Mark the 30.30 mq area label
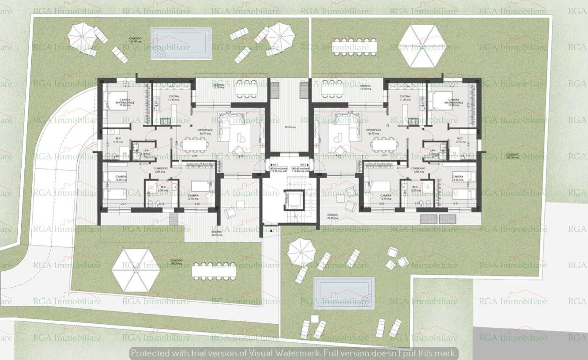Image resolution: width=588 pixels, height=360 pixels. click(x=290, y=127)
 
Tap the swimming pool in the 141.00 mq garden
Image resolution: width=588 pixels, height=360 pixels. click(x=181, y=43)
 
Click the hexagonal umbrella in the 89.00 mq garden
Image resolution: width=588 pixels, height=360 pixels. click(x=136, y=270)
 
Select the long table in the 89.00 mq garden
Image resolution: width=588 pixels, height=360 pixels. click(x=214, y=270)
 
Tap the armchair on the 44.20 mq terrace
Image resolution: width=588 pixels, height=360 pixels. click(x=230, y=212)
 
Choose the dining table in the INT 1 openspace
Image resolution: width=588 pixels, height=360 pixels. click(x=197, y=145)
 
